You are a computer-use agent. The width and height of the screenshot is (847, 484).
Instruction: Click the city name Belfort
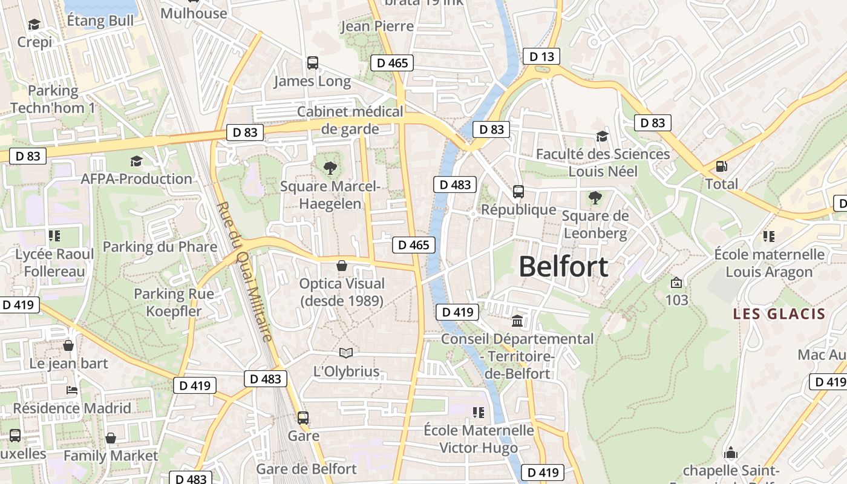tap(563, 267)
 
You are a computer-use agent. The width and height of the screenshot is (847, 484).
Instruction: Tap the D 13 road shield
tap(541, 57)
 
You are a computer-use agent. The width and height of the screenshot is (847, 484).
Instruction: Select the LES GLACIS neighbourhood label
tap(779, 313)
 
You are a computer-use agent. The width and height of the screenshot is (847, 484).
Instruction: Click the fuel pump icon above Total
tap(721, 166)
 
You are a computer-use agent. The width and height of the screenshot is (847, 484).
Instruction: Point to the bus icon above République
tap(518, 192)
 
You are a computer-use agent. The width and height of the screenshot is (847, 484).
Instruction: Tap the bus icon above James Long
tap(312, 62)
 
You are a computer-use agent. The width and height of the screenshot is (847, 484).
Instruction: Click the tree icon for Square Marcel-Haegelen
tap(330, 168)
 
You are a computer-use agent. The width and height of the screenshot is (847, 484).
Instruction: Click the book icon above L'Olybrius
tap(345, 353)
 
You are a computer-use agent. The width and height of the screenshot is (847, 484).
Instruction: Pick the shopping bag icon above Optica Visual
tap(342, 266)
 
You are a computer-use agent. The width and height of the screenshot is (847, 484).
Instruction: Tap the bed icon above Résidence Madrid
tap(71, 390)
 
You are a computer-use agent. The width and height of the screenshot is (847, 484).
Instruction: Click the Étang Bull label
tap(100, 21)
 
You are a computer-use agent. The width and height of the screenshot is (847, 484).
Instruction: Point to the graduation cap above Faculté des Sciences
tap(602, 136)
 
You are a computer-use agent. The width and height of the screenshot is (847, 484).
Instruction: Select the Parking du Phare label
tap(160, 246)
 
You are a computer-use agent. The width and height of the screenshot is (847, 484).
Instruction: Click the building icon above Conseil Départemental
tap(517, 321)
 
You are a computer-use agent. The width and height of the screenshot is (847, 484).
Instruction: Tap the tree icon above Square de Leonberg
tap(595, 197)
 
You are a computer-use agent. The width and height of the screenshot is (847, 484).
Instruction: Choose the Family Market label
tap(111, 456)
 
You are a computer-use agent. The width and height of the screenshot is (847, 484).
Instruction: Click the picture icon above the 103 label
tap(676, 283)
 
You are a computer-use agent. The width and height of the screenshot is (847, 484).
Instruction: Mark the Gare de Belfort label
tap(306, 469)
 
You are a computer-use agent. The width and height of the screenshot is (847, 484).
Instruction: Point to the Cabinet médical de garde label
tap(350, 120)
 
